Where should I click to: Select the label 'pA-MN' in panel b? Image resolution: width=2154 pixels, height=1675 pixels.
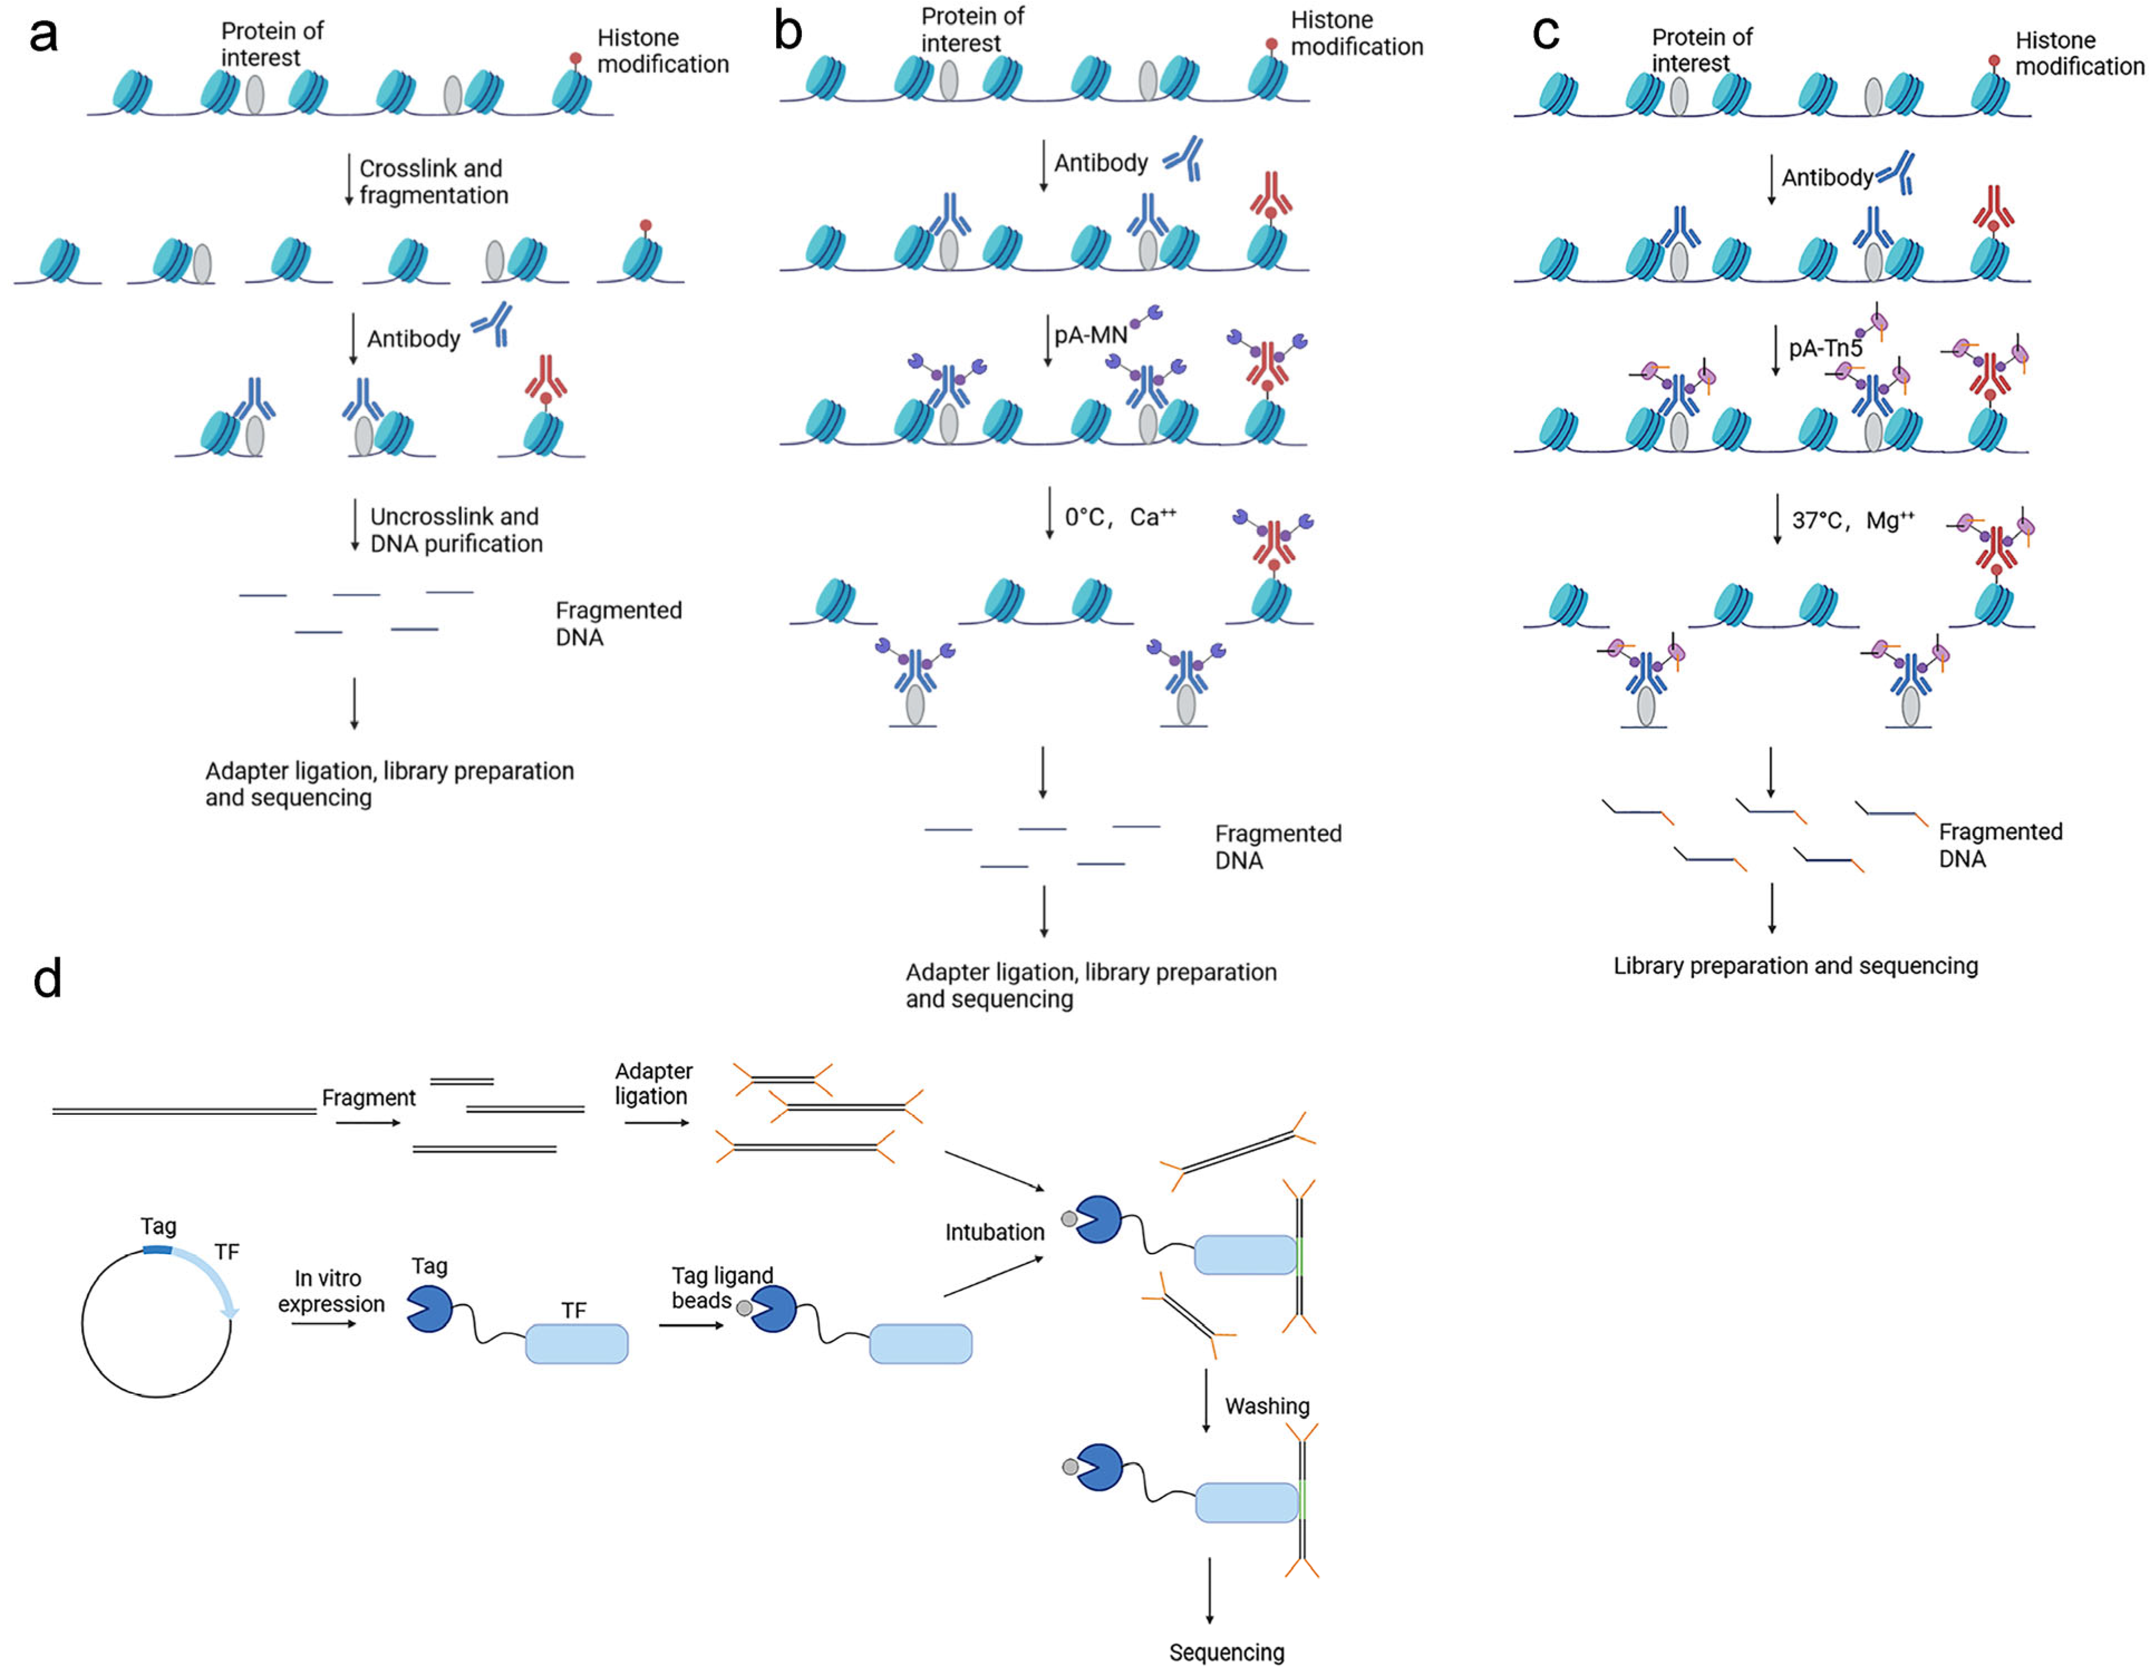pyautogui.click(x=1090, y=335)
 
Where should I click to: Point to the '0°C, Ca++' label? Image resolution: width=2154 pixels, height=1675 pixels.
pyautogui.click(x=1119, y=517)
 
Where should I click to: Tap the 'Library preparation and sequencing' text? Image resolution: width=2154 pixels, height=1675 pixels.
pyautogui.click(x=1795, y=965)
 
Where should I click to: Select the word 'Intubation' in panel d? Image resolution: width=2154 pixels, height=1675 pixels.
pyautogui.click(x=994, y=1232)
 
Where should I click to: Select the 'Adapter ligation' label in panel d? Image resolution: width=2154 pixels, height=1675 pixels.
pyautogui.click(x=653, y=1084)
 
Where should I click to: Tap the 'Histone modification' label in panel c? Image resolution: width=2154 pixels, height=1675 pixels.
pyautogui.click(x=2078, y=53)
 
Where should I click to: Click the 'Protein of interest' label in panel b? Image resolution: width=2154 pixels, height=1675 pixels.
pyautogui.click(x=972, y=30)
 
